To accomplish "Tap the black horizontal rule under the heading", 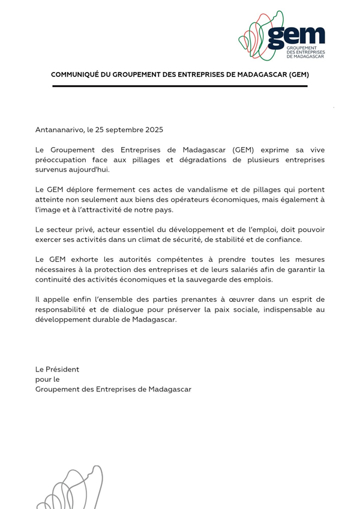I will (180, 86).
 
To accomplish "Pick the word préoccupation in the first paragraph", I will (61, 160).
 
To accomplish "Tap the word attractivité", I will (112, 210).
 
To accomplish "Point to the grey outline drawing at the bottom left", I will (69, 489).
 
